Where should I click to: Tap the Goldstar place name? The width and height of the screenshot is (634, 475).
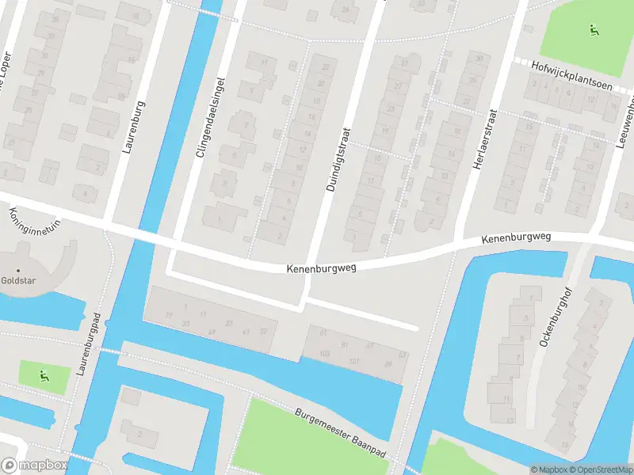17,279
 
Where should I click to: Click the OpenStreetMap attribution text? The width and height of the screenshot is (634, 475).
601,469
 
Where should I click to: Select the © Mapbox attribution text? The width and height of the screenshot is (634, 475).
549,469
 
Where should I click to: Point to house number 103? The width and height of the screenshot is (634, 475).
323,353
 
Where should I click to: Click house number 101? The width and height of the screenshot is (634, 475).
354,361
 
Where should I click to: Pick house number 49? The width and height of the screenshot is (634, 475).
211,331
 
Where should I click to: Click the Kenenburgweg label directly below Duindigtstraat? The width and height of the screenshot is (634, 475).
321,268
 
